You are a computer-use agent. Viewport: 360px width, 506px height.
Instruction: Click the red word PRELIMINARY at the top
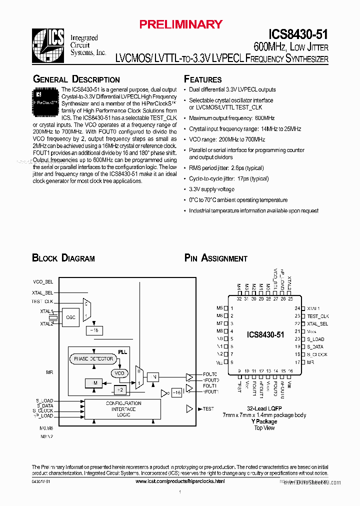pyautogui.click(x=180, y=24)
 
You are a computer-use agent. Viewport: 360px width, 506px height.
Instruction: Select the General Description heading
pyautogui.click(x=76, y=79)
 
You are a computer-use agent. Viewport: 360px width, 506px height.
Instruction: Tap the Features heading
pyautogui.click(x=202, y=79)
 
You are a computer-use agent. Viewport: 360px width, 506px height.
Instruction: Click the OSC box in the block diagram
pyautogui.click(x=70, y=317)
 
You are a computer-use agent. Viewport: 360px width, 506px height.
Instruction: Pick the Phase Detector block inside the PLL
pyautogui.click(x=93, y=359)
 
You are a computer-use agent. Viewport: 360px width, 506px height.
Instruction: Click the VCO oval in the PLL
pyautogui.click(x=119, y=373)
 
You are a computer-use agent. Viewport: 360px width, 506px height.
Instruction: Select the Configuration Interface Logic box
pyautogui.click(x=123, y=408)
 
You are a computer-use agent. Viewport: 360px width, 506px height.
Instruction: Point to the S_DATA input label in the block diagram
pyautogui.click(x=44, y=405)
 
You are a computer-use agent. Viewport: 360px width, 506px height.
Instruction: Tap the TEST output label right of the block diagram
pyautogui.click(x=208, y=409)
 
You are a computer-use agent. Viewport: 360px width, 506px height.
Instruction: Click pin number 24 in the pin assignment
pyautogui.click(x=297, y=308)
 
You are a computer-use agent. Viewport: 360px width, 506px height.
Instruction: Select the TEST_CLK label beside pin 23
pyautogui.click(x=318, y=316)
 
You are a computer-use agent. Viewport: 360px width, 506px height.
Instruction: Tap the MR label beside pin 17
pyautogui.click(x=310, y=362)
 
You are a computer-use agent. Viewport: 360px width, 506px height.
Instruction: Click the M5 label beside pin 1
pyautogui.click(x=219, y=308)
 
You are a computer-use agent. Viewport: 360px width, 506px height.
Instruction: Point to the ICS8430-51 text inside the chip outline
pyautogui.click(x=265, y=335)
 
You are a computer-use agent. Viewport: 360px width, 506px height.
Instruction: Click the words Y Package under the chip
pyautogui.click(x=264, y=421)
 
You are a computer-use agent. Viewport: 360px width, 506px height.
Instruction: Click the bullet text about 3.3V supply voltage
pyautogui.click(x=211, y=189)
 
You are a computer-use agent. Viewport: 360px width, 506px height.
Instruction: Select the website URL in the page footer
pyautogui.click(x=180, y=481)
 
